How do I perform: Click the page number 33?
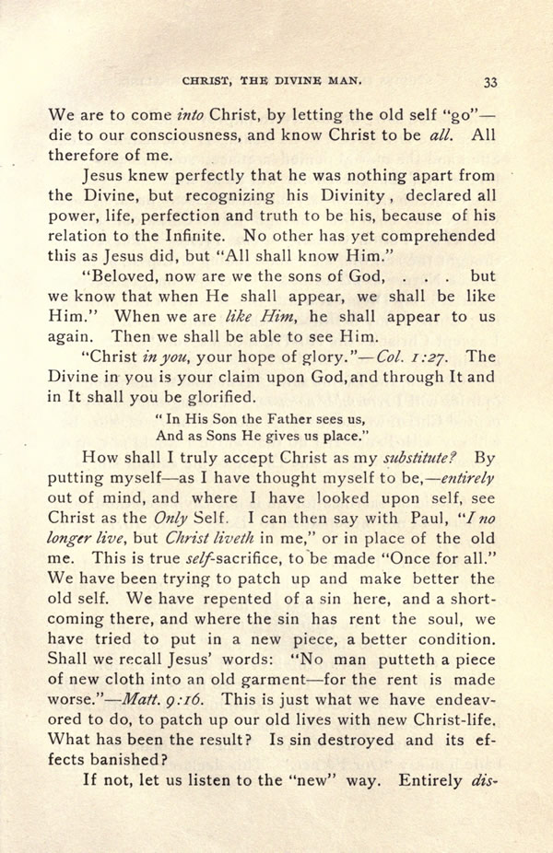click(x=490, y=81)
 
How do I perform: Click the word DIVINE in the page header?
click(x=309, y=81)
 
